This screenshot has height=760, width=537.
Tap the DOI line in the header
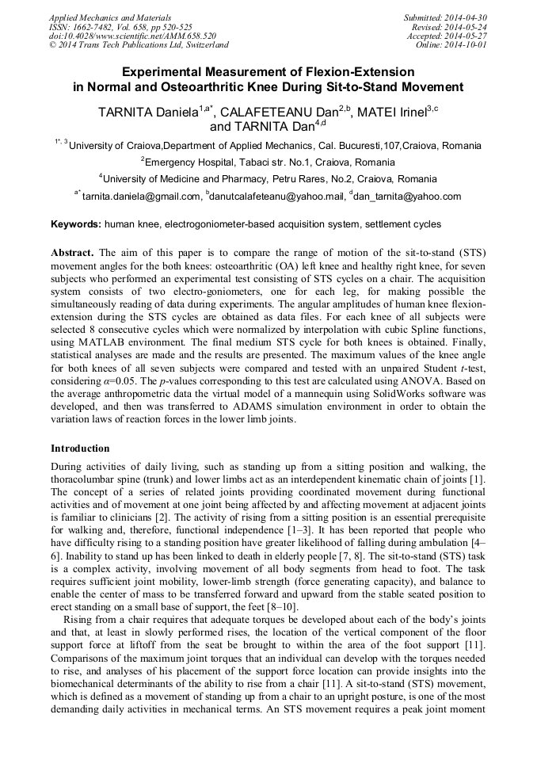132,36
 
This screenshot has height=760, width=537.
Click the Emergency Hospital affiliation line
268,162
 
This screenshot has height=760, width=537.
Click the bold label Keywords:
76,224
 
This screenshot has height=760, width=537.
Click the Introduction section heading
80,449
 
